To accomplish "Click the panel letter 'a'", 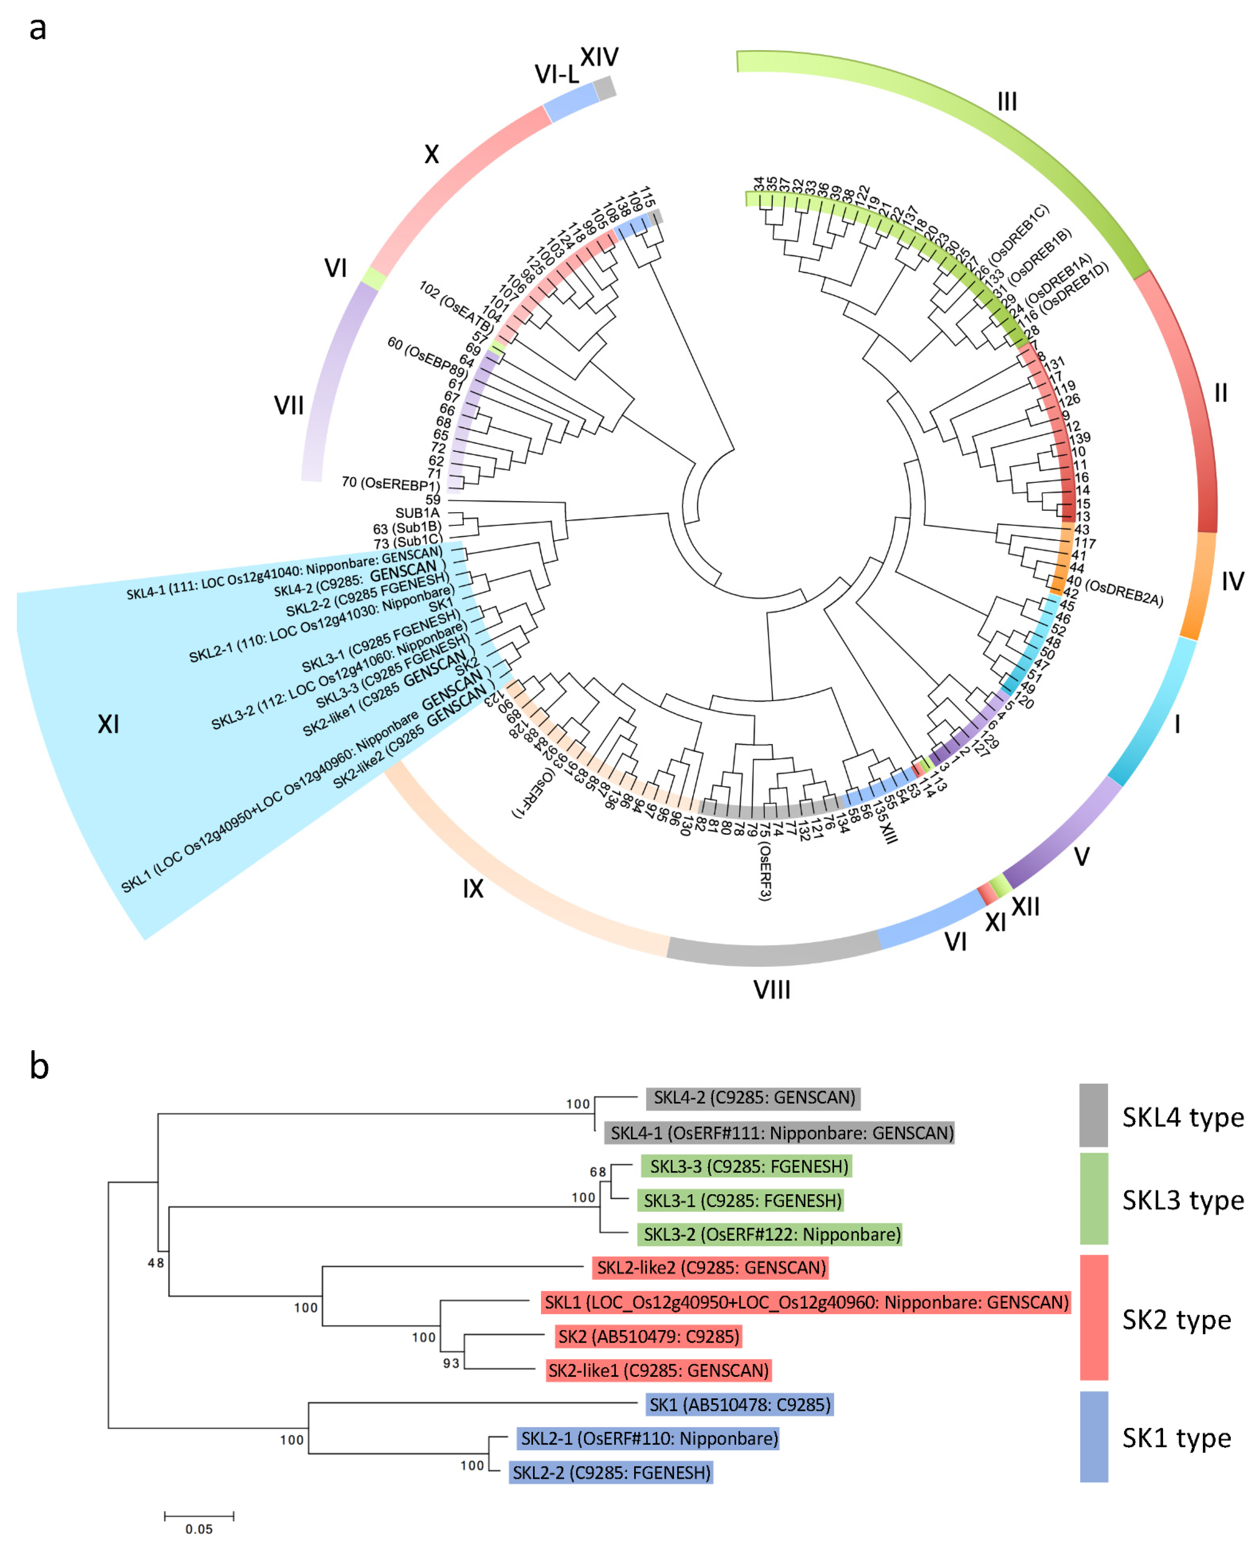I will click(x=38, y=29).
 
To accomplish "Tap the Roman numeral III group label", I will click(x=1007, y=102).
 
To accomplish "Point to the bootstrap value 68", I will click(x=597, y=1172).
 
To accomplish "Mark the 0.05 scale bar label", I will click(x=199, y=1529).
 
